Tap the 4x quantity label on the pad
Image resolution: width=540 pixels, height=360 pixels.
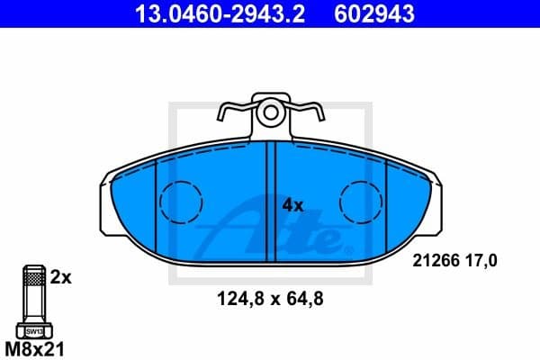(293, 205)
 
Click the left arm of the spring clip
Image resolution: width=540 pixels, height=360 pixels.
(230, 115)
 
